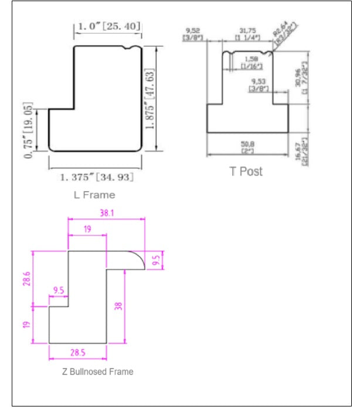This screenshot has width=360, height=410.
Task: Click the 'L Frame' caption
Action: point(94,194)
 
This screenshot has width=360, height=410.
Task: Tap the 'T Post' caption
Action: point(245,171)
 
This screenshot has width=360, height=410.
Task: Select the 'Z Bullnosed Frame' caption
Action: point(97,371)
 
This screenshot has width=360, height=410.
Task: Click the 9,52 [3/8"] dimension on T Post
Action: point(191,35)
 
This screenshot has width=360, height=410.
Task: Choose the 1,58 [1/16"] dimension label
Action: point(250,62)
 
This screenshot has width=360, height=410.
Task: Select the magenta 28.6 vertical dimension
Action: point(26,279)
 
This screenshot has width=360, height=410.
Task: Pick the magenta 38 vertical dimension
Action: point(119,305)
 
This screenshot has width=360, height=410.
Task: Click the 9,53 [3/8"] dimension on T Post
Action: point(258,85)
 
